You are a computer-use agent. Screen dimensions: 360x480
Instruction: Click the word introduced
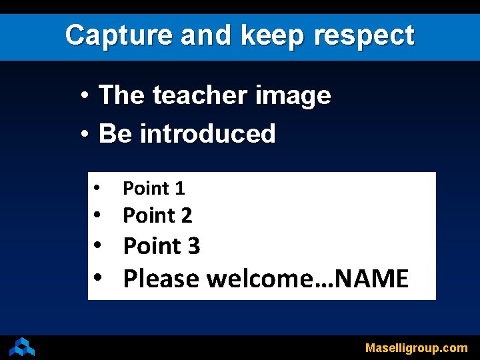tap(207, 134)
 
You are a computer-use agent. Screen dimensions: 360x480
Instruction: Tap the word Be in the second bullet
tap(115, 134)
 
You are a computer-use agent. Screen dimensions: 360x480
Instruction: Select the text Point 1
tap(154, 189)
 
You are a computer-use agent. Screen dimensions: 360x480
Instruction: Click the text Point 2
tap(157, 216)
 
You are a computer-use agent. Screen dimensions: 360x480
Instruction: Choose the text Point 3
tap(161, 247)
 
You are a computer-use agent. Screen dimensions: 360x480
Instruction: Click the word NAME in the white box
tap(373, 279)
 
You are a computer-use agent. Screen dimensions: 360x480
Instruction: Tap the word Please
tap(161, 279)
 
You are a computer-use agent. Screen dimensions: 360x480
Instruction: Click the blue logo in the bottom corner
tap(22, 347)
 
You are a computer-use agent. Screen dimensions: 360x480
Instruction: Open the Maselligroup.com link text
tap(416, 348)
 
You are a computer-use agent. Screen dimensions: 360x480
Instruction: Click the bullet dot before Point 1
tap(97, 187)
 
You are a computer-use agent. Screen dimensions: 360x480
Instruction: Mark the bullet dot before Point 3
tap(97, 245)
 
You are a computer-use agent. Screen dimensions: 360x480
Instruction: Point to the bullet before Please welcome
tap(97, 277)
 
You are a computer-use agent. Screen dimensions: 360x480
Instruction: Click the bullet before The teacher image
tap(84, 97)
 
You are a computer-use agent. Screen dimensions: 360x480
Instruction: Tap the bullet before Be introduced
tap(84, 135)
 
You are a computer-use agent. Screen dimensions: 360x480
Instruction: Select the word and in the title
tap(203, 35)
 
